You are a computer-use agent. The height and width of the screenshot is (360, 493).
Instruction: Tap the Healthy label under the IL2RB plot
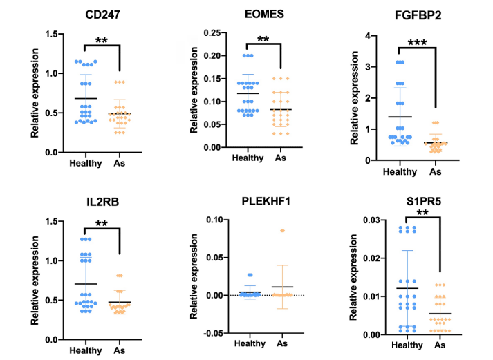[86, 350]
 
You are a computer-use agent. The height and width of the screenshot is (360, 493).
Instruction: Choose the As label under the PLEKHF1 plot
[282, 344]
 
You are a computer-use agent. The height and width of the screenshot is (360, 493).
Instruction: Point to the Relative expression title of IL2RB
[34, 280]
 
